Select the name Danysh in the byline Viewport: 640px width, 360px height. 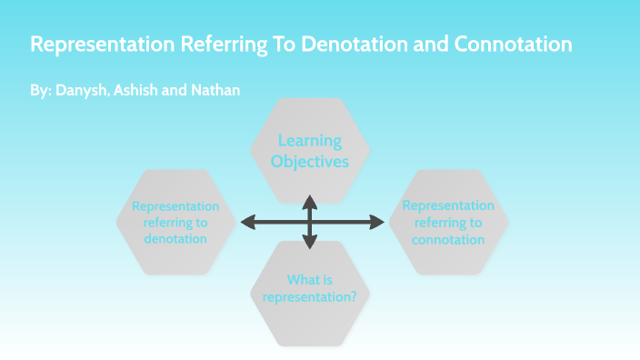tap(79, 92)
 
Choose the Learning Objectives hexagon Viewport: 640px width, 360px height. tap(310, 151)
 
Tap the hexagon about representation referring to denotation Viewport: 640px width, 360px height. tap(175, 222)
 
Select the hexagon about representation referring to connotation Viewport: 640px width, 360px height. tap(448, 222)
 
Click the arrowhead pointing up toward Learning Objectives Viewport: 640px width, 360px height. tap(310, 199)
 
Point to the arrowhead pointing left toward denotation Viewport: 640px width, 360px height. tap(245, 222)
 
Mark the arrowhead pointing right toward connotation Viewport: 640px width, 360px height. tap(379, 222)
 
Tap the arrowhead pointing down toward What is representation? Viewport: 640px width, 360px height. tap(310, 243)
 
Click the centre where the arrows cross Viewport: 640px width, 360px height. tap(310, 222)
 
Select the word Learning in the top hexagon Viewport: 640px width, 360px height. tap(310, 141)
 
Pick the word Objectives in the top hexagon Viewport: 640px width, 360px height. tap(310, 162)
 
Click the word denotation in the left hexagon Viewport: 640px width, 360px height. tap(175, 239)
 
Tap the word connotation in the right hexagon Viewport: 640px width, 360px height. tap(448, 240)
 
